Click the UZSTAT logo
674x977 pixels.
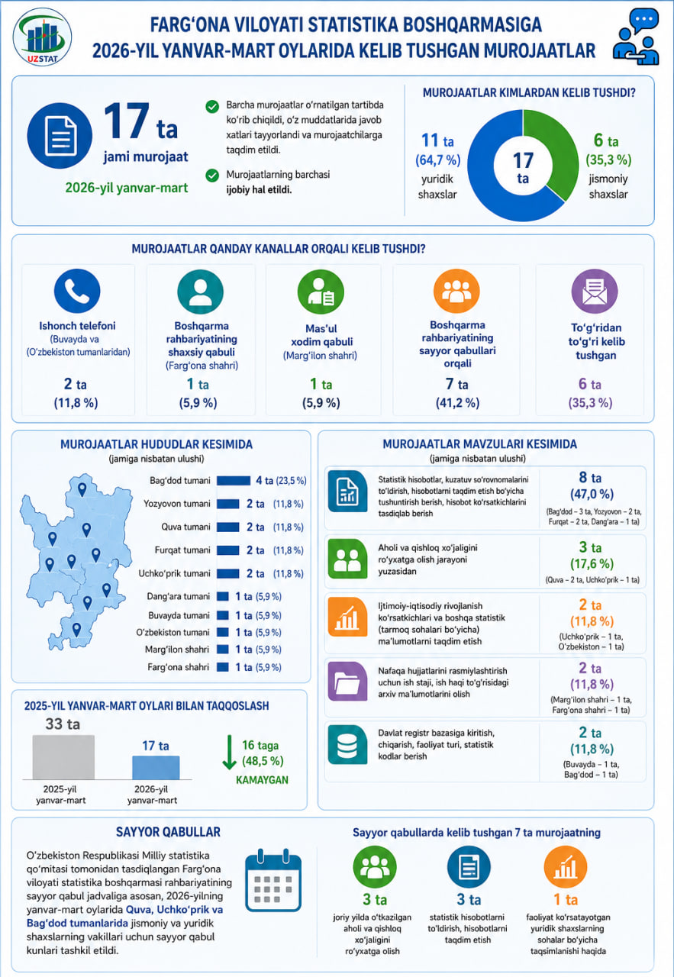[42, 37]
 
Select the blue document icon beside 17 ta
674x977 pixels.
[60, 136]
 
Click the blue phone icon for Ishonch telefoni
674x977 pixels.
[77, 291]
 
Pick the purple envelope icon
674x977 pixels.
[595, 292]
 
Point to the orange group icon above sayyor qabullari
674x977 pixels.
[456, 291]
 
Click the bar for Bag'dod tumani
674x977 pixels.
[234, 481]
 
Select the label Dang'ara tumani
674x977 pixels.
[179, 596]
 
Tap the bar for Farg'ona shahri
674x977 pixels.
[222, 667]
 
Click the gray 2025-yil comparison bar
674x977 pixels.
[63, 757]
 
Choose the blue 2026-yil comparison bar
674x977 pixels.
[156, 767]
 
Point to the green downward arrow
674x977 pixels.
[229, 752]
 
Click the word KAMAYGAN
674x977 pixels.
[262, 780]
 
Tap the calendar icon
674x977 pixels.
[273, 880]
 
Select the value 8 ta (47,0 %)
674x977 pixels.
[592, 486]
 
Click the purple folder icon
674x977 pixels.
[347, 682]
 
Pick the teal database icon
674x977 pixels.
[347, 744]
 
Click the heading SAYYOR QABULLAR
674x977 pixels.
[169, 832]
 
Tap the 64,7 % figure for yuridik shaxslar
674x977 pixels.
[437, 160]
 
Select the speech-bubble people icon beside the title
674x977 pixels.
[636, 37]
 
